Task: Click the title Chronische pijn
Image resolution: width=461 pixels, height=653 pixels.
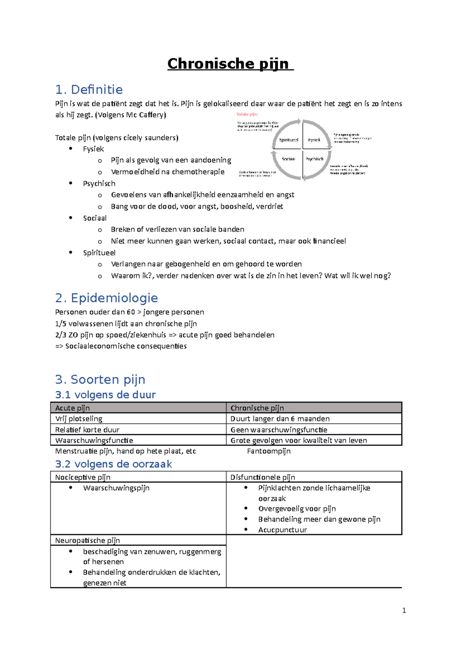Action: pos(230,64)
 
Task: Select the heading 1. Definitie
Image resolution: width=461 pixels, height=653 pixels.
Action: pos(89,90)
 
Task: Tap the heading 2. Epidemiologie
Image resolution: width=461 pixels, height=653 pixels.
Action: pos(106,298)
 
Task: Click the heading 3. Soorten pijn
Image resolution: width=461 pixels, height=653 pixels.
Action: pos(100,380)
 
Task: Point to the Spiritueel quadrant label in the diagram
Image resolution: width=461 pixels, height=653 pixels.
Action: pos(289,140)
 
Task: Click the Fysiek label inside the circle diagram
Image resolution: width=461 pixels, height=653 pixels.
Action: pos(314,140)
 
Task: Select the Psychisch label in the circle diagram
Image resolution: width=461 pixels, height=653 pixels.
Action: pos(314,159)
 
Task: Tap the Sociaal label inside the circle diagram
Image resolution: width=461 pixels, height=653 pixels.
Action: pos(289,159)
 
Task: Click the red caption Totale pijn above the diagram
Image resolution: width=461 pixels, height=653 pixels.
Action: pos(247,114)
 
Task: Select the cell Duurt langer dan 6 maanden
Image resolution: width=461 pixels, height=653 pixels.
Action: pos(280,418)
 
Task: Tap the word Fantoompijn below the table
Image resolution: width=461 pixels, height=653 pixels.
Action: pos(269,451)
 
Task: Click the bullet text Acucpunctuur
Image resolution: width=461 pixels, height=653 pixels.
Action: pos(282,530)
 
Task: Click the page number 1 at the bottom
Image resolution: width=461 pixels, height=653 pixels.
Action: pos(404,610)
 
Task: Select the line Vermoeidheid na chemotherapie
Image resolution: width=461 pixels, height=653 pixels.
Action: pos(167,172)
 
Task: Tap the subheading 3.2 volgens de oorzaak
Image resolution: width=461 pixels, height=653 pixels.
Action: pos(113,464)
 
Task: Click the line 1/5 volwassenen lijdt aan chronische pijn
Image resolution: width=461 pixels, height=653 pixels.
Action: pos(126,323)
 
